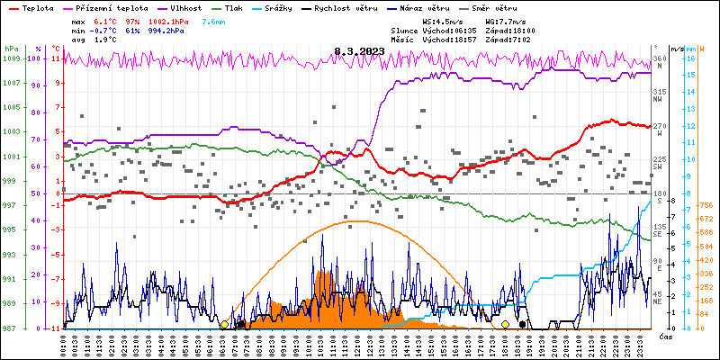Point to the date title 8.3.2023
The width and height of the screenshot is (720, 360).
tap(359, 52)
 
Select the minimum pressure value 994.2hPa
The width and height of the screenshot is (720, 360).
tap(166, 29)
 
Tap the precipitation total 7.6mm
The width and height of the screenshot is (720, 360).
tap(213, 20)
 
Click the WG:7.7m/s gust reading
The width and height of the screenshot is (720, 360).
tap(502, 20)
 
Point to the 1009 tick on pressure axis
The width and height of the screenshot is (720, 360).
tap(11, 59)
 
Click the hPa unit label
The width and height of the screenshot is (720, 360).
tap(11, 48)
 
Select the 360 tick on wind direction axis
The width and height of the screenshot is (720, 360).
tap(659, 59)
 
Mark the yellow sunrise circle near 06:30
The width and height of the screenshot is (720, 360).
tap(224, 324)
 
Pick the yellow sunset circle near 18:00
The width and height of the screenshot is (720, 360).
tap(505, 324)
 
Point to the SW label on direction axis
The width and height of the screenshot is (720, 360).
tap(658, 166)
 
